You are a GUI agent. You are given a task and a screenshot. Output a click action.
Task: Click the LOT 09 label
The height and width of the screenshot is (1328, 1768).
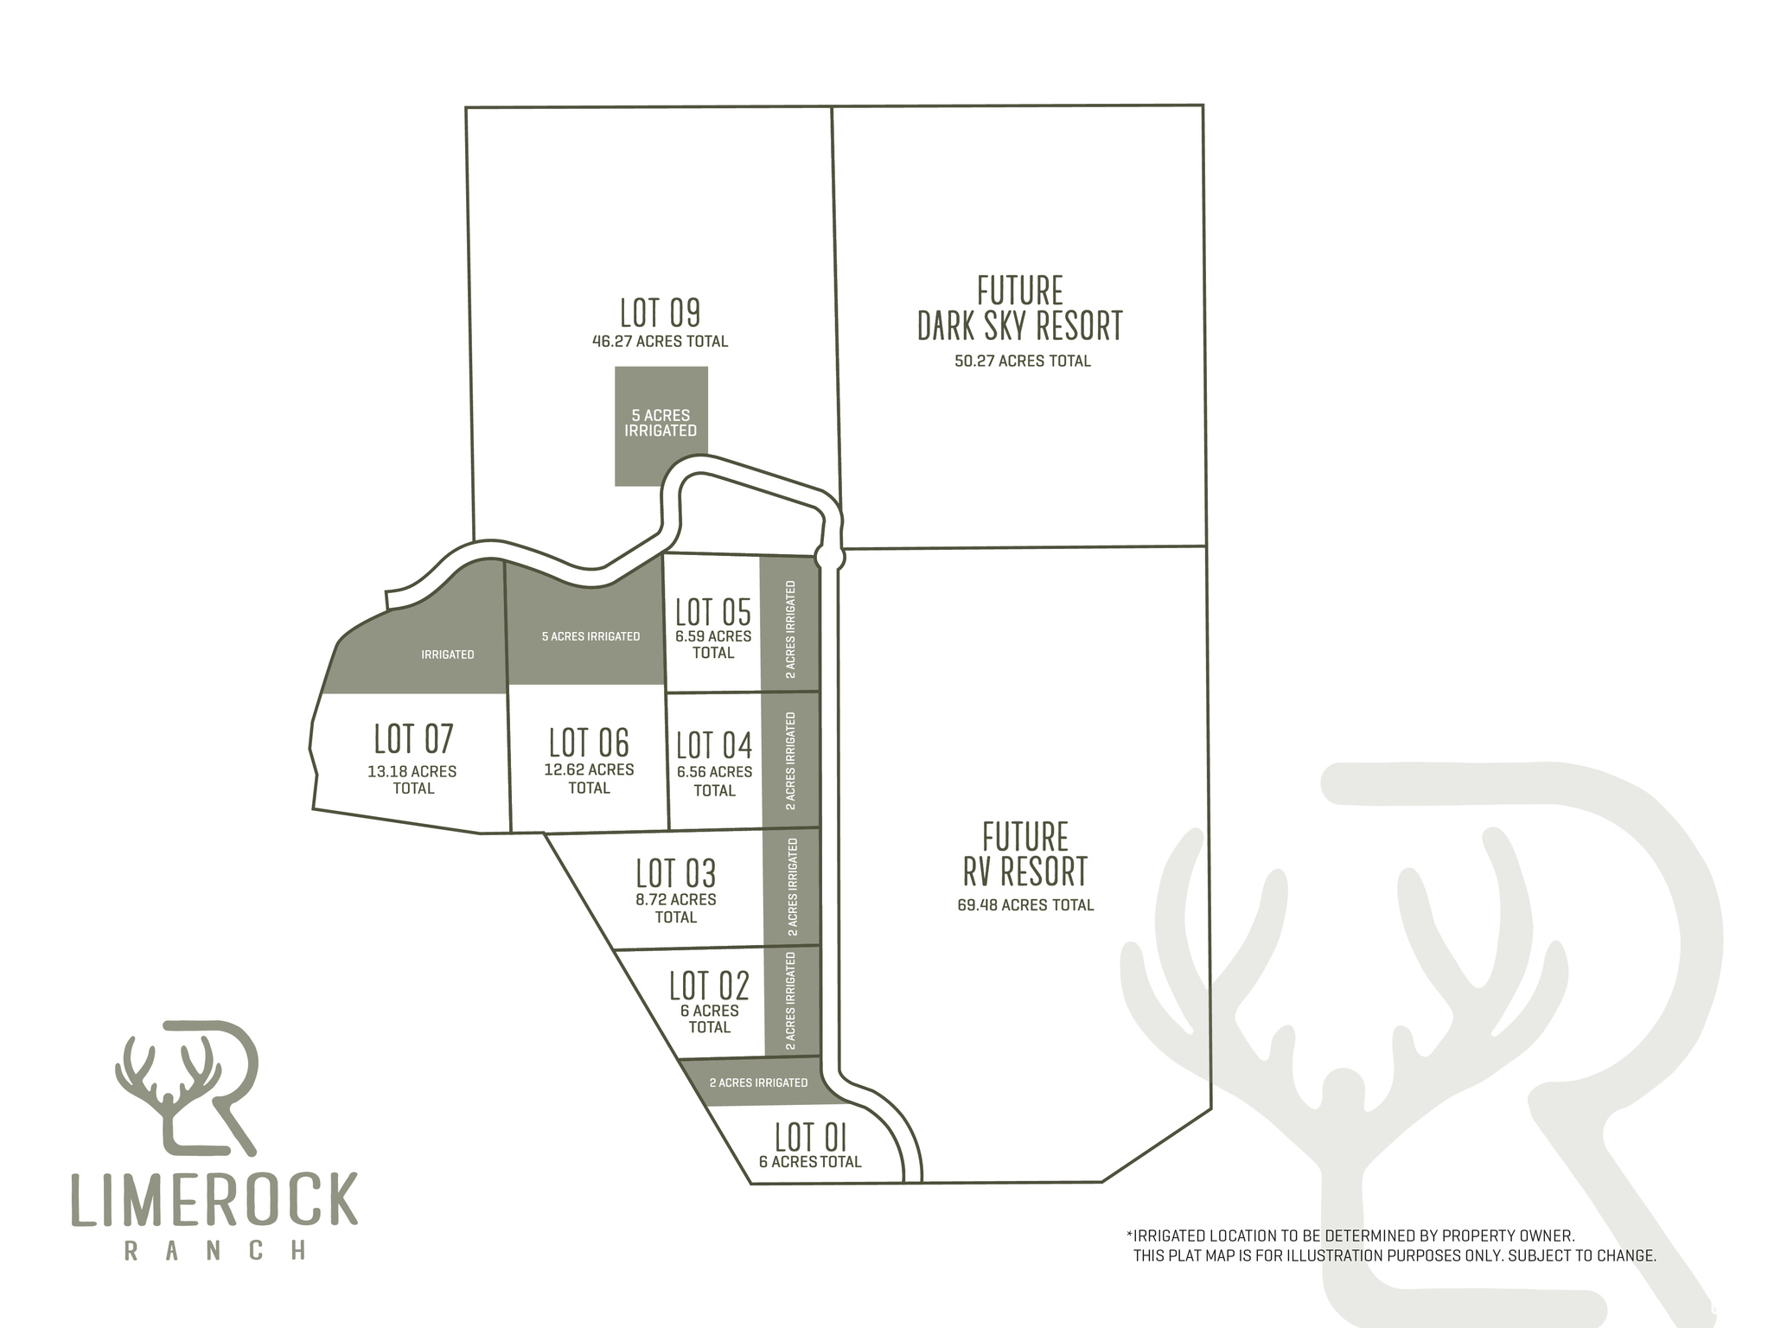coord(660,313)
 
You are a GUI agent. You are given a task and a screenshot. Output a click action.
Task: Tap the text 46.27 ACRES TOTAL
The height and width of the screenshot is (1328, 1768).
coord(660,342)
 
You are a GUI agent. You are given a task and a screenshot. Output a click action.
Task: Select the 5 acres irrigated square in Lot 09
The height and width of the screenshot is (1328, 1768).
coord(661,425)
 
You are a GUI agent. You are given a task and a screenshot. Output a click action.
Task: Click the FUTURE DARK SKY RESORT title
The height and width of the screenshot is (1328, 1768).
coord(1020,309)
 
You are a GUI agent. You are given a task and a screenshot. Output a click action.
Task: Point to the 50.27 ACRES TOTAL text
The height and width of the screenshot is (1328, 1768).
coord(1023,361)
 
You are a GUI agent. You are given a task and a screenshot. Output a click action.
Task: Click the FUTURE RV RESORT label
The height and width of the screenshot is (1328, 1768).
coord(1024,854)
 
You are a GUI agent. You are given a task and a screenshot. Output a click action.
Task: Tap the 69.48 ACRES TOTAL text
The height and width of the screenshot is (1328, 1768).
coord(1025,905)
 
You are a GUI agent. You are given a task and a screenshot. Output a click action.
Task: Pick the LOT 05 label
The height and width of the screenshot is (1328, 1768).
coord(713,612)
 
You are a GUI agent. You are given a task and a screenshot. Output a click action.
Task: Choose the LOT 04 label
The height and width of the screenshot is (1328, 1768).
coord(714,745)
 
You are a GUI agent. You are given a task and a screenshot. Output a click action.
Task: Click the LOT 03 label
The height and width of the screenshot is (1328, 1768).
coord(676,873)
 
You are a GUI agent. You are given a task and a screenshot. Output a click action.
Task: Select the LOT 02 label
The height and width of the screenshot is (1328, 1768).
coord(709,986)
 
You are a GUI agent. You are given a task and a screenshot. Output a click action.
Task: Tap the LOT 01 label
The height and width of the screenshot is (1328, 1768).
coord(810,1137)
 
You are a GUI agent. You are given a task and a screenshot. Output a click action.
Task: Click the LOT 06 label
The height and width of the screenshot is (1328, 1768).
coord(589,743)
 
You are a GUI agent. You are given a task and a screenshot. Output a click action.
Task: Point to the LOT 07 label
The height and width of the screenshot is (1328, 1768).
coord(413,739)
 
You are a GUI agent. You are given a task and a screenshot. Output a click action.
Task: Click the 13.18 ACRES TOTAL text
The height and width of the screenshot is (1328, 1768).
coord(412,780)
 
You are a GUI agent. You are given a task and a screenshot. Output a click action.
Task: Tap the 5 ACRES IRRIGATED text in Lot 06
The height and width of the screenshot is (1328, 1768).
coord(591,636)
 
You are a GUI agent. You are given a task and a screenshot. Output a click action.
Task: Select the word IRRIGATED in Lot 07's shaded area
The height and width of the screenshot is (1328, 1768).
coord(448,654)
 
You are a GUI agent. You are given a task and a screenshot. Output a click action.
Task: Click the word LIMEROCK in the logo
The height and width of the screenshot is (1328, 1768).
coord(214,1199)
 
